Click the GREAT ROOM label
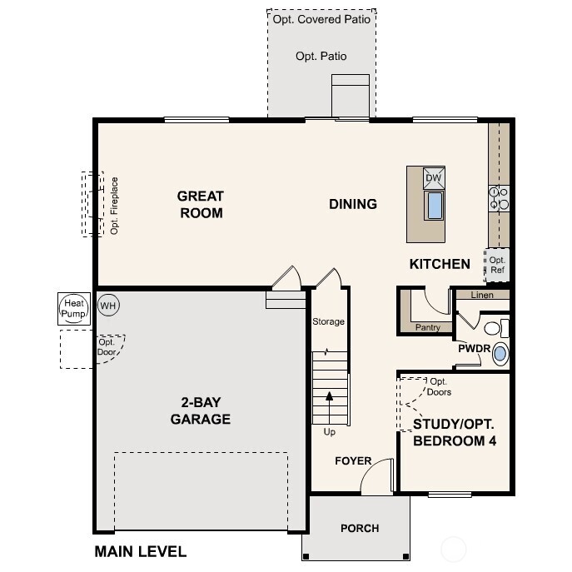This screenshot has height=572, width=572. coord(201,205)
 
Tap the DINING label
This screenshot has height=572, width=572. coord(353,204)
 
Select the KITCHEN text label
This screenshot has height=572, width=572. coord(440,264)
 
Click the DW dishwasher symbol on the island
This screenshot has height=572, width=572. coord(434,178)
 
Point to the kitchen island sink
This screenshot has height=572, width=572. coord(434,205)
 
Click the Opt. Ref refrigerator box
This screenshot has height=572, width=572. coord(497,265)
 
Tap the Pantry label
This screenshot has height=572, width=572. coord(428,328)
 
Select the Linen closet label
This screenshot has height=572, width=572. coord(482,296)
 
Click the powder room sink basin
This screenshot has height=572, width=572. coord(500,354)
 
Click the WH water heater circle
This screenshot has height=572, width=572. coord(108,306)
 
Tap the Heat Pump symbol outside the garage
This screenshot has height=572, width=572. coord(72,309)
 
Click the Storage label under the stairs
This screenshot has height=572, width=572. coord(328,321)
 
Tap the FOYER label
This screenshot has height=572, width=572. coord(353,461)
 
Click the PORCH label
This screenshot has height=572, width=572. coord(360,529)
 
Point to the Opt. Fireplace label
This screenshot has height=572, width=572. coord(115,206)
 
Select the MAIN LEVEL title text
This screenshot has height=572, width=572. coord(140,551)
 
